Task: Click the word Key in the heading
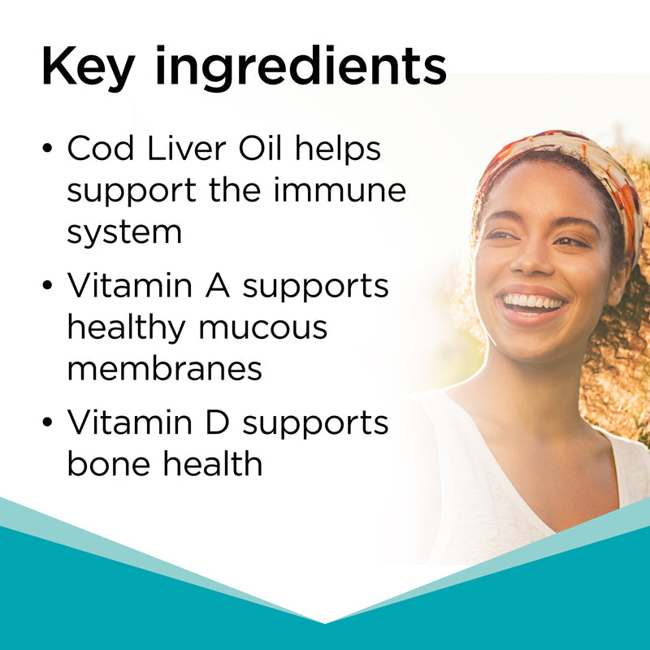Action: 86,67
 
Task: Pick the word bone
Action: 102,464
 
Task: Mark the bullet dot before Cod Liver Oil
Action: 48,150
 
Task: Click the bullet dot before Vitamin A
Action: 48,287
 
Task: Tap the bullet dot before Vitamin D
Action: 48,424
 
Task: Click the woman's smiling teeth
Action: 533,303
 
